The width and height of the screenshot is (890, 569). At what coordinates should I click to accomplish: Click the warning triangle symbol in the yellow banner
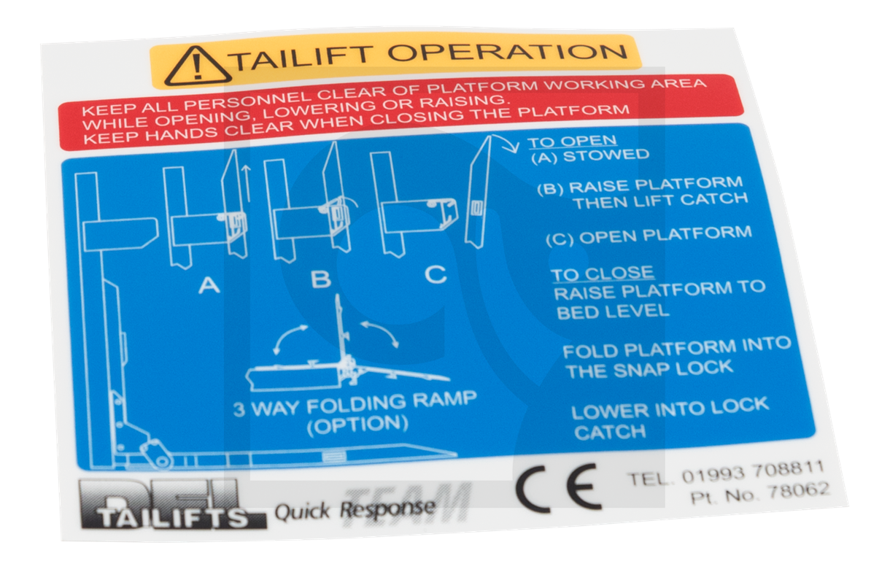[196, 66]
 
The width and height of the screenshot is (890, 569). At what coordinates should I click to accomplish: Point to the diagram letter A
[209, 285]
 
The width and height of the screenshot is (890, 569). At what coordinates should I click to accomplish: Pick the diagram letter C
[436, 274]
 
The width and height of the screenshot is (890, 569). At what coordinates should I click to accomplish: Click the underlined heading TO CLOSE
[602, 274]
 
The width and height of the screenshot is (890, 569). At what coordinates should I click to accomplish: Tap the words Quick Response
[355, 509]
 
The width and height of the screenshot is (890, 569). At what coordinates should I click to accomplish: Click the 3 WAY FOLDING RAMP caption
[355, 403]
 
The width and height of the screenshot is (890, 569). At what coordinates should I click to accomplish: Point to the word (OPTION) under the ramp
[357, 424]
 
